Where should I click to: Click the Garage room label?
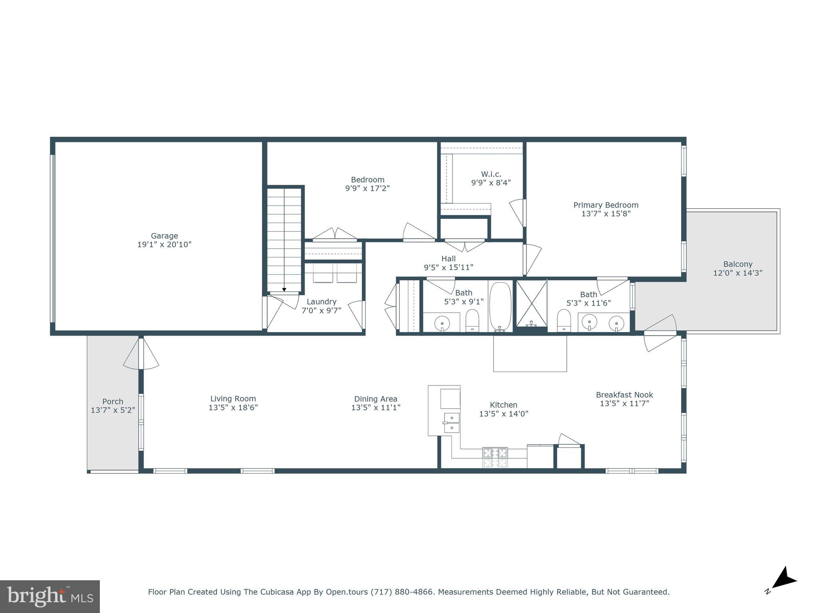click(x=164, y=236)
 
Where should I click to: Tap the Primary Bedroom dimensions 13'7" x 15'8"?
click(x=606, y=214)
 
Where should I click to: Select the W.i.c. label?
click(x=491, y=174)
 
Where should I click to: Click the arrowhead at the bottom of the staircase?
click(x=284, y=290)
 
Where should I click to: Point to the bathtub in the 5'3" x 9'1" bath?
click(x=500, y=306)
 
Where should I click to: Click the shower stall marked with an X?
click(x=531, y=303)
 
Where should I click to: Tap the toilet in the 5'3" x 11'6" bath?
click(x=564, y=320)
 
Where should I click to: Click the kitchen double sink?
click(x=451, y=423)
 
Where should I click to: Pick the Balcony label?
click(x=737, y=264)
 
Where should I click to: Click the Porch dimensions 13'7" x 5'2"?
click(x=113, y=410)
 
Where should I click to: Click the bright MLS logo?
click(x=50, y=597)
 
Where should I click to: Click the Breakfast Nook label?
click(x=624, y=395)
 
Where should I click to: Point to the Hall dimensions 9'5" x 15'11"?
click(x=448, y=267)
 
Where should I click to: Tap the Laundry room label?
click(x=321, y=302)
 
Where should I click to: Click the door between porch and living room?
click(x=141, y=353)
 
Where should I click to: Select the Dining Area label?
click(x=375, y=399)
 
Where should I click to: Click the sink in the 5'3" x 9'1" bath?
click(x=442, y=322)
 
